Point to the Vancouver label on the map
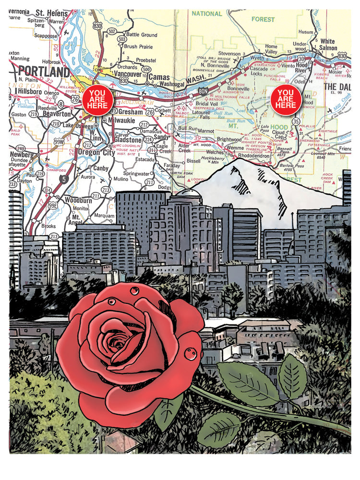pos(128,75)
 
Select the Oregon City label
pos(96,153)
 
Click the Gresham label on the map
pos(130,111)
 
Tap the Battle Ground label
pos(142,35)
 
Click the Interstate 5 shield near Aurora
pos(63,179)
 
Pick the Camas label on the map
pos(158,76)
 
